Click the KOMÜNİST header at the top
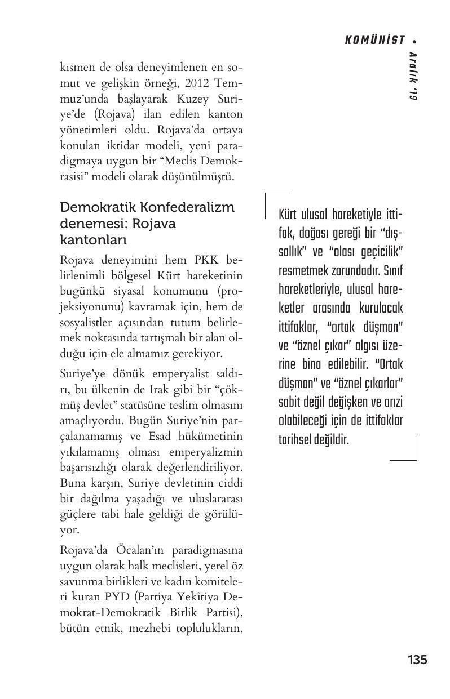tap(374, 40)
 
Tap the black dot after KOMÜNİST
tap(415, 41)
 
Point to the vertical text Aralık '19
tap(413, 76)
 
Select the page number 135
tap(417, 660)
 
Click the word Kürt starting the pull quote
tap(289, 215)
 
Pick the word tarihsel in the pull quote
tap(296, 439)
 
